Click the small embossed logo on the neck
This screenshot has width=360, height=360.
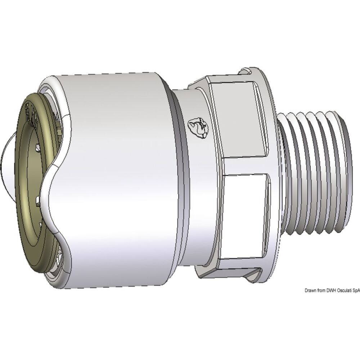pos(196,127)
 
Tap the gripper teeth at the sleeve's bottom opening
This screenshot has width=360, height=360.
pos(59,259)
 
